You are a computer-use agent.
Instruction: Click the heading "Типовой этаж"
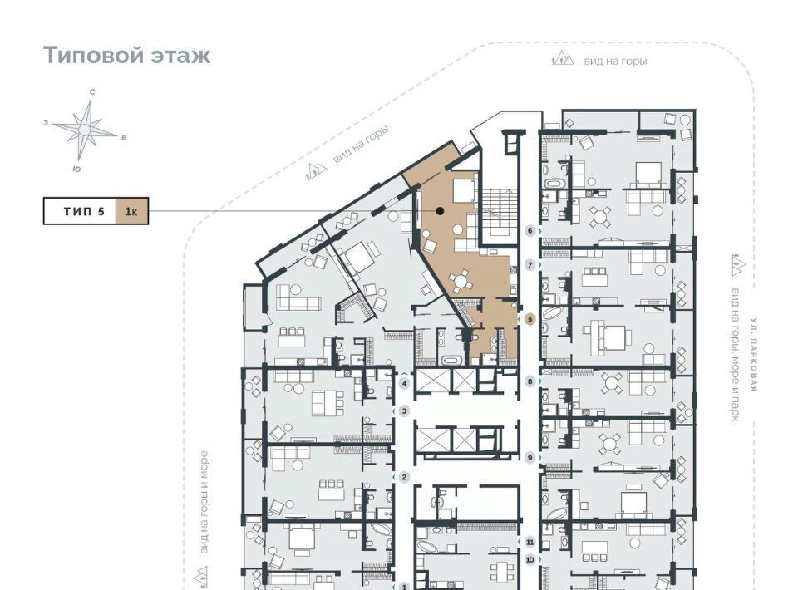[x=126, y=55]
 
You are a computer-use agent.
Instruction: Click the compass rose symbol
[x=85, y=130]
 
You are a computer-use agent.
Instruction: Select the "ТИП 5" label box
[x=80, y=210]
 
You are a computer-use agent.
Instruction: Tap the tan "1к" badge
[x=132, y=210]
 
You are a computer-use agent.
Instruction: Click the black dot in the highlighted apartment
[x=440, y=210]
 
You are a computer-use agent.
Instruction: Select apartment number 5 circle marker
[x=530, y=319]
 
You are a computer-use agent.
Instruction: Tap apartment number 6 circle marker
[x=530, y=231]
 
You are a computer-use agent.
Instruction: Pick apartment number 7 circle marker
[x=530, y=265]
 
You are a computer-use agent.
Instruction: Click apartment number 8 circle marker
[x=530, y=381]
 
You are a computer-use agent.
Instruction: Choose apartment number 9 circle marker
[x=530, y=458]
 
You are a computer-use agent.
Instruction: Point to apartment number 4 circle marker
[x=405, y=384]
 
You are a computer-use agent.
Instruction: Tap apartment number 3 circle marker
[x=405, y=411]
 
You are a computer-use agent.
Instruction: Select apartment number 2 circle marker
[x=405, y=477]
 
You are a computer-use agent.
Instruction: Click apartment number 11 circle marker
[x=530, y=542]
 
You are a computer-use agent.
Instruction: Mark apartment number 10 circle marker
[x=530, y=560]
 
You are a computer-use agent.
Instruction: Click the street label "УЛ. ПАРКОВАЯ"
[x=754, y=355]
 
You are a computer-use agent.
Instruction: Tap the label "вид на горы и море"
[x=204, y=503]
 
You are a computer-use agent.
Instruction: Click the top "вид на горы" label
[x=615, y=61]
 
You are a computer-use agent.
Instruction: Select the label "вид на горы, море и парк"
[x=736, y=355]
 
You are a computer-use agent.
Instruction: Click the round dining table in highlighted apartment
[x=461, y=280]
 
